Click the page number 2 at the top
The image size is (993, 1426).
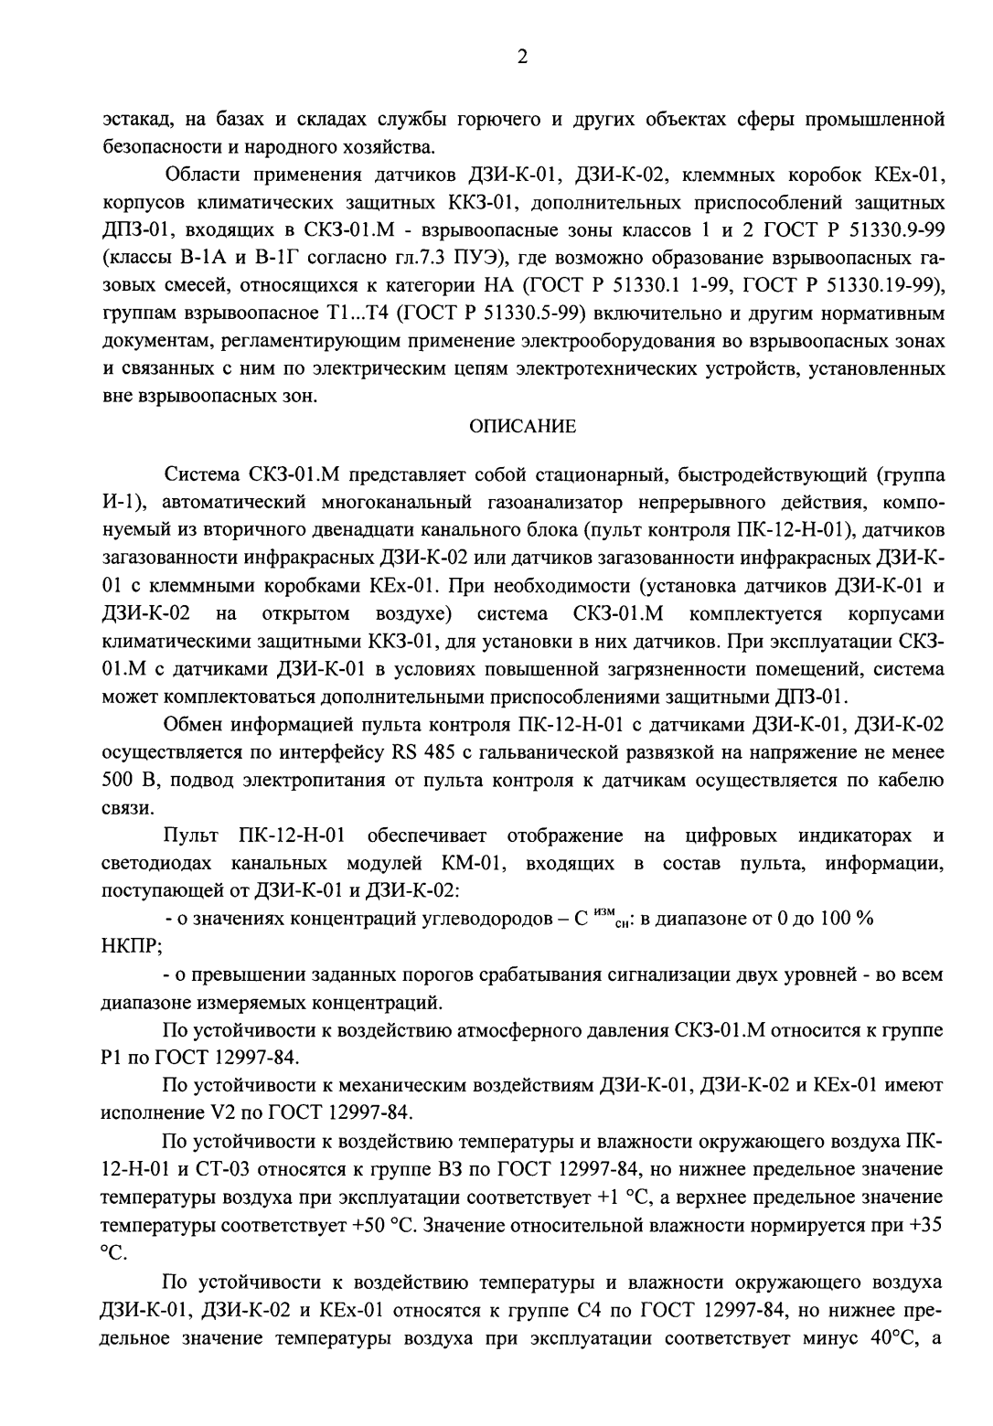click(x=522, y=57)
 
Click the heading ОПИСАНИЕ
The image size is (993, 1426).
click(x=522, y=426)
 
